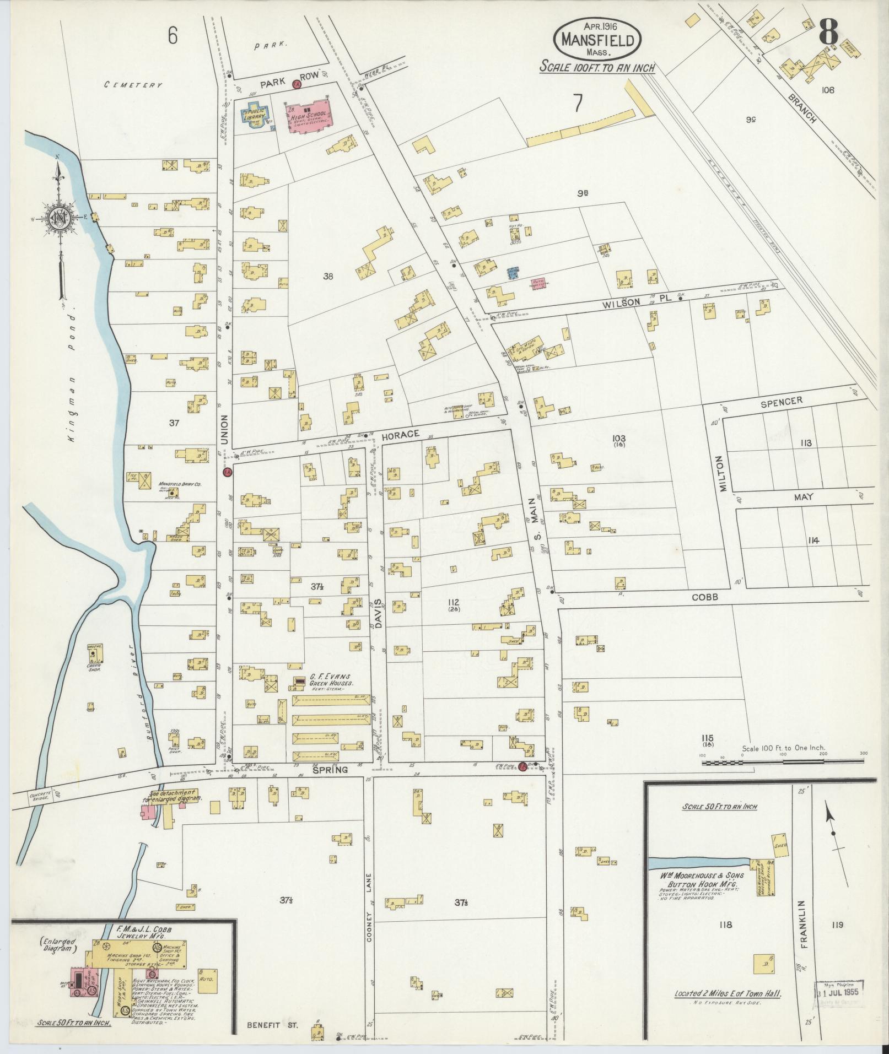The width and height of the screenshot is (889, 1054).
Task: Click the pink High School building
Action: click(308, 116)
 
